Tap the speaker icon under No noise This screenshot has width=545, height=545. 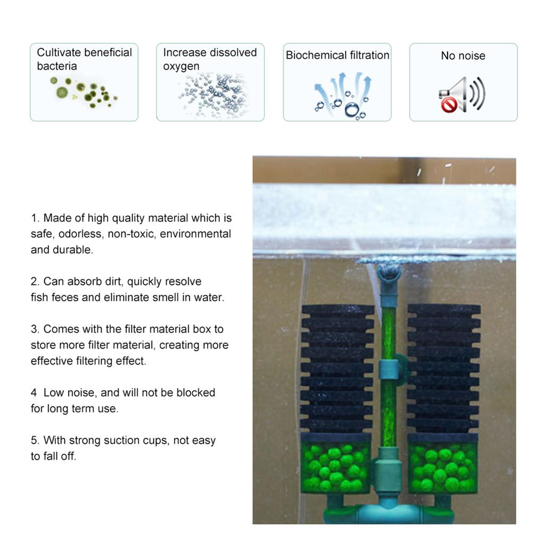pos(461,95)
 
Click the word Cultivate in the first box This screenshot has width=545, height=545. pos(57,52)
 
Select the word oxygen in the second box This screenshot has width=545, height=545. pos(181,67)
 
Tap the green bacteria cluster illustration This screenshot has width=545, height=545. pos(82,92)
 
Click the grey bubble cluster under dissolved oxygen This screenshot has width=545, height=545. pos(213,93)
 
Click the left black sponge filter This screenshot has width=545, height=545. pos(337,367)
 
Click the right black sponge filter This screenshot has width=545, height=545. pos(443,367)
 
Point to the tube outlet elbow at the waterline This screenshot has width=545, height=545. pos(389,274)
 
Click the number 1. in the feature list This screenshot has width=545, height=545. pos(35,218)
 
